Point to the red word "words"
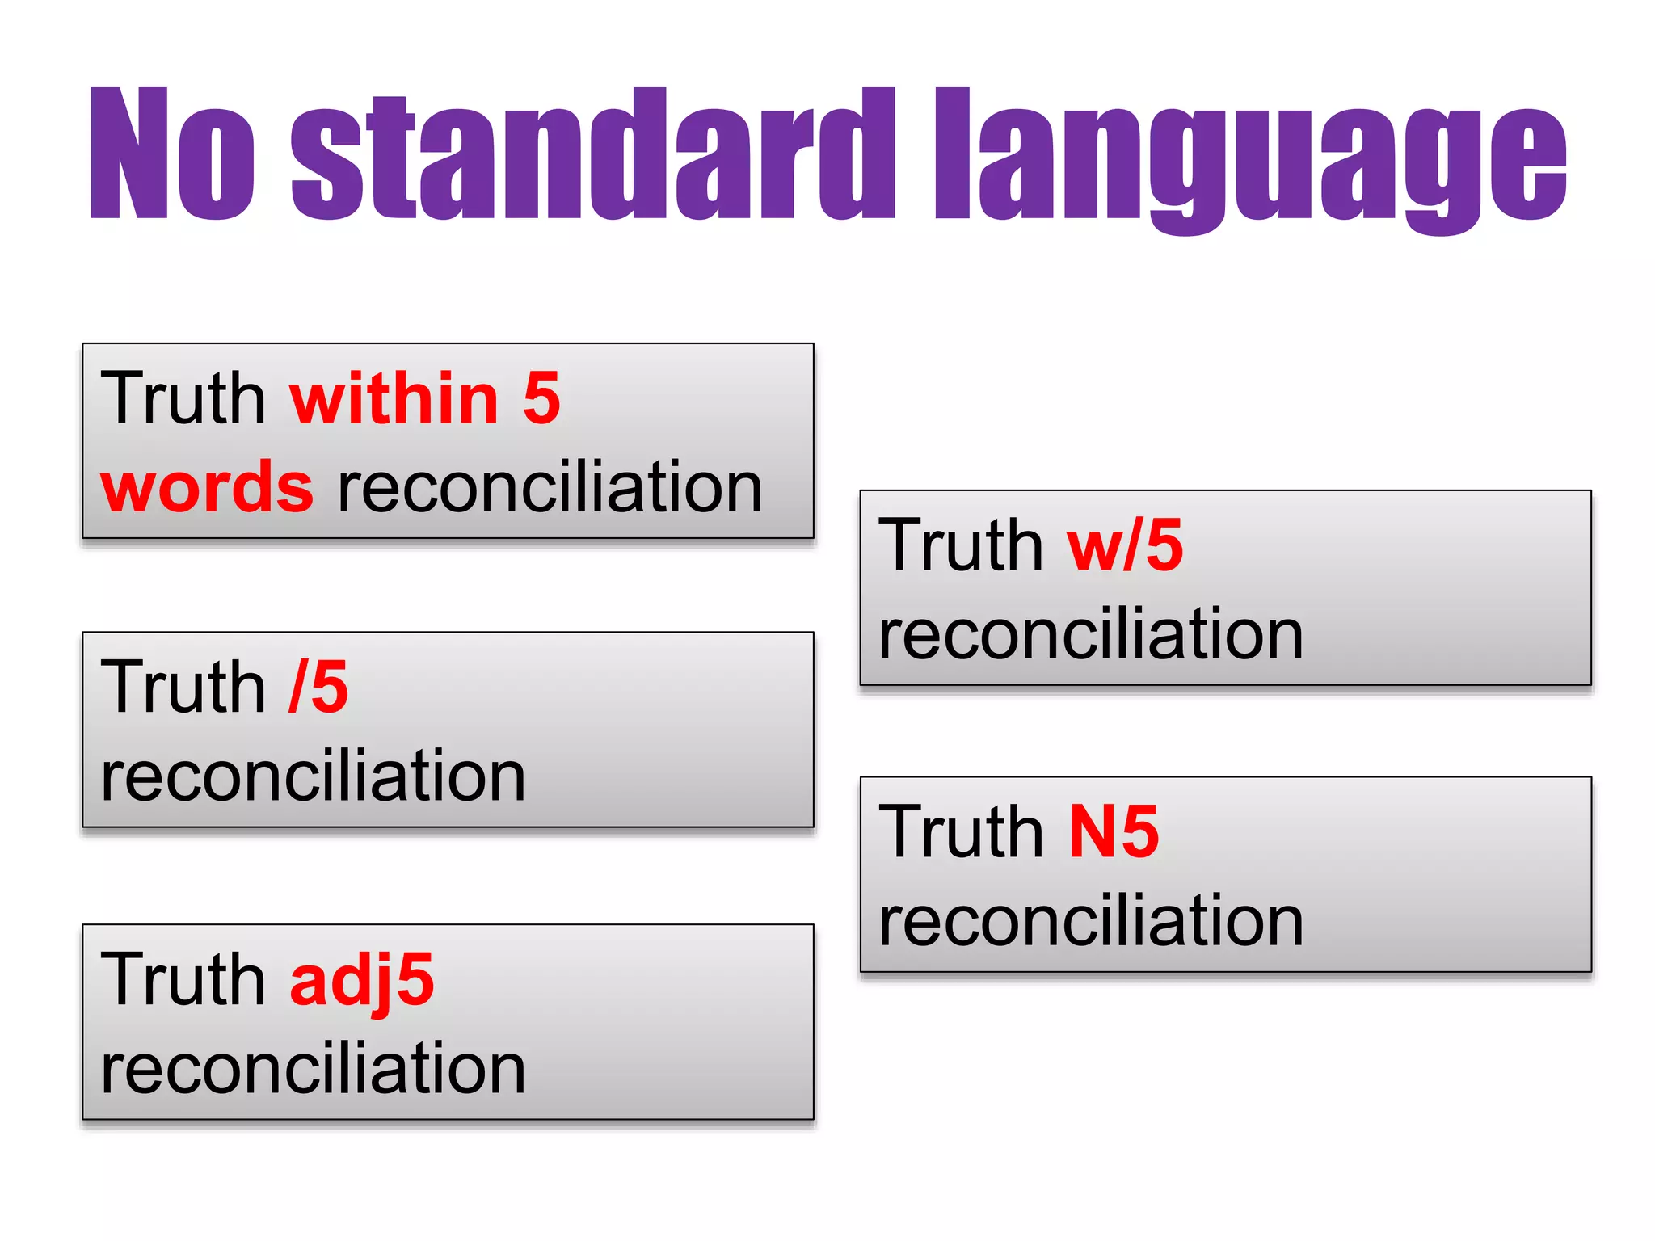click(x=207, y=487)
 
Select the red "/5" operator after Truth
click(x=318, y=687)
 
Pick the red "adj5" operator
click(x=361, y=981)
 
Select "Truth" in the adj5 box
click(x=183, y=979)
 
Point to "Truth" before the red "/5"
click(x=183, y=687)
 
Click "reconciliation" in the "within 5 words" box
click(x=550, y=487)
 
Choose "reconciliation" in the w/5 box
click(x=1090, y=635)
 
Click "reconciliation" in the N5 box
click(x=1090, y=922)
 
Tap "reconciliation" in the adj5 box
click(x=314, y=1069)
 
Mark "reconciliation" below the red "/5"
click(x=314, y=776)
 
